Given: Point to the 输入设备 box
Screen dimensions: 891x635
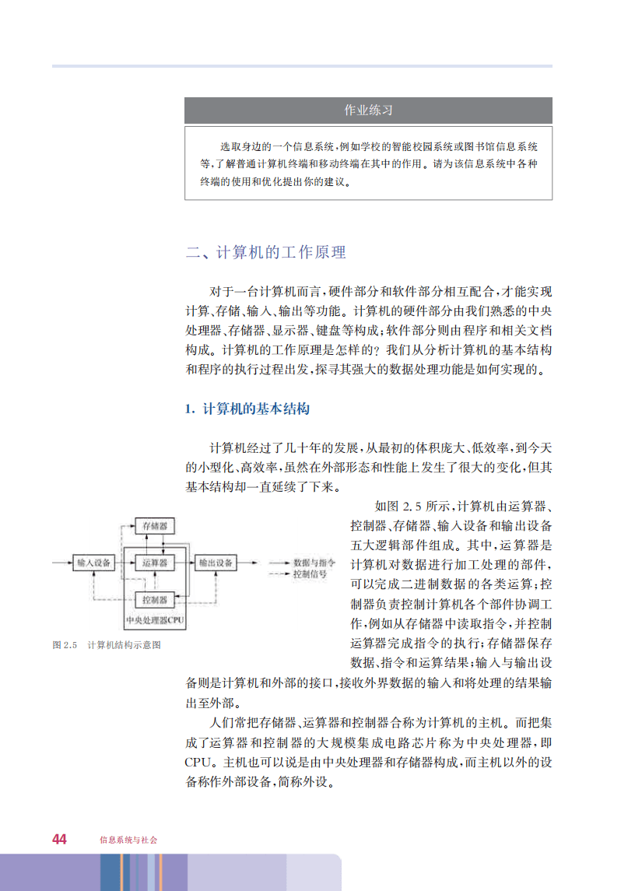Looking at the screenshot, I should [x=93, y=562].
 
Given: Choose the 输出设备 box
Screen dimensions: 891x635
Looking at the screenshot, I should [x=215, y=562].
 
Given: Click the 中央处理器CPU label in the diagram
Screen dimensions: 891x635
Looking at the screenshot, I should [x=155, y=621].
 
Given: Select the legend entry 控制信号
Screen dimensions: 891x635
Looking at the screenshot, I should [x=310, y=574].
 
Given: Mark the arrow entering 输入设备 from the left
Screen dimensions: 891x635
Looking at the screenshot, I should [x=62, y=562].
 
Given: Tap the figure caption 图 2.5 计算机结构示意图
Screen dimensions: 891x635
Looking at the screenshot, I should [x=106, y=645].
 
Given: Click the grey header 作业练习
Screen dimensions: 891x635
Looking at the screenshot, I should [x=368, y=110].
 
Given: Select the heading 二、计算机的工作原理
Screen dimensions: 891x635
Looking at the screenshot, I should [x=265, y=252].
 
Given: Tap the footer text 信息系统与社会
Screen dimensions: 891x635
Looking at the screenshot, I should [x=128, y=840].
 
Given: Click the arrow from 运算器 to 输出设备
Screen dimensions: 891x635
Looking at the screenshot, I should [x=184, y=562].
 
